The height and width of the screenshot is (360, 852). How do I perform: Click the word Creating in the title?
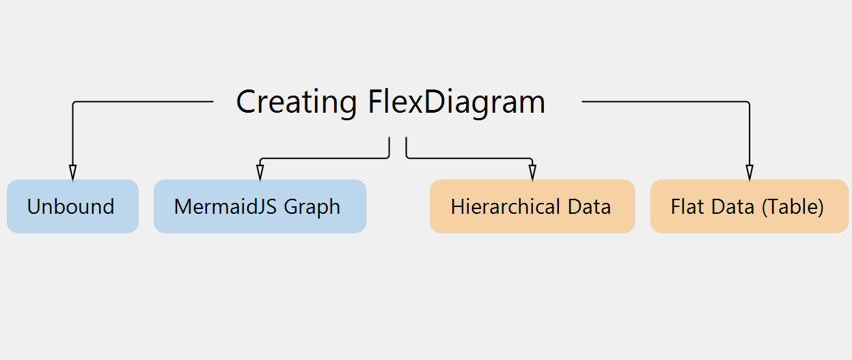[297, 102]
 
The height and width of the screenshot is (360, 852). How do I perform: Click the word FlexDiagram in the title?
[457, 102]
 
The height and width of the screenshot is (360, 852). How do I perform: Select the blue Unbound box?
[72, 206]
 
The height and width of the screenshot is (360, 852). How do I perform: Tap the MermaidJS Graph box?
[260, 206]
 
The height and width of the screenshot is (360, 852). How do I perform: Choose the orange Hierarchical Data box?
[532, 206]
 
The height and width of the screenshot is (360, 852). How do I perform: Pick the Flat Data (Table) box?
[750, 206]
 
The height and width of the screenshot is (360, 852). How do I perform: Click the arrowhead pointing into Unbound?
[72, 173]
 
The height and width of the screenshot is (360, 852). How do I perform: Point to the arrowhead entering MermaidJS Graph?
[260, 173]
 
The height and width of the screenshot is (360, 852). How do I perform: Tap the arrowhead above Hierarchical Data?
[532, 173]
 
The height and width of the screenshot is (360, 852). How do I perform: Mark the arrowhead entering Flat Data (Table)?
[750, 173]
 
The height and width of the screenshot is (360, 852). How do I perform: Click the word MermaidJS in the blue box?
[226, 207]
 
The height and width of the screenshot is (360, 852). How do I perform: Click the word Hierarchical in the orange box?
[506, 206]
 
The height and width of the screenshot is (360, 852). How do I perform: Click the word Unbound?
[71, 207]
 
